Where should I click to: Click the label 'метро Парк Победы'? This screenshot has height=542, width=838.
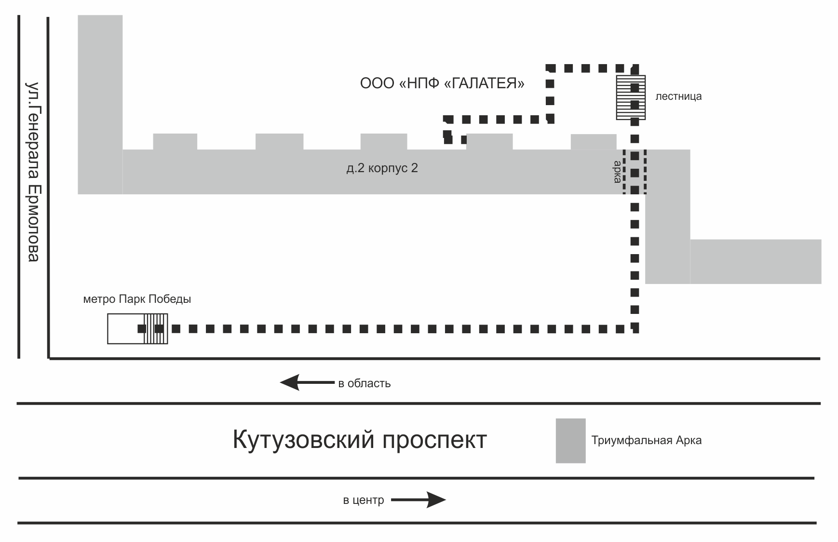pyautogui.click(x=137, y=299)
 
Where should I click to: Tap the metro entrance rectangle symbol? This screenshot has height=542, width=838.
pyautogui.click(x=137, y=329)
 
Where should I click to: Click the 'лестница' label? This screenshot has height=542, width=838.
pyautogui.click(x=678, y=96)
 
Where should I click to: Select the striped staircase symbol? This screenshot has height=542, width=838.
pyautogui.click(x=631, y=97)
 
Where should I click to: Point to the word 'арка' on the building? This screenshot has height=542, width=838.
pyautogui.click(x=617, y=172)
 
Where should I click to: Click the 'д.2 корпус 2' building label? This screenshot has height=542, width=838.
pyautogui.click(x=382, y=168)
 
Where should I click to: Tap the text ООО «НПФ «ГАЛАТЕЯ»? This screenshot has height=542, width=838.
pyautogui.click(x=442, y=83)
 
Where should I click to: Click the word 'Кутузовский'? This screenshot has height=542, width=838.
pyautogui.click(x=303, y=440)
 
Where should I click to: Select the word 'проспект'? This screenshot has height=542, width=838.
pyautogui.click(x=434, y=440)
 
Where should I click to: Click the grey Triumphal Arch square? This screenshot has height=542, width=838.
pyautogui.click(x=570, y=440)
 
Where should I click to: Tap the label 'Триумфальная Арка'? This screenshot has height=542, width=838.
pyautogui.click(x=646, y=440)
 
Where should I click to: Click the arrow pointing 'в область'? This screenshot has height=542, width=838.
pyautogui.click(x=307, y=383)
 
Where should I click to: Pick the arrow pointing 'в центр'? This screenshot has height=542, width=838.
pyautogui.click(x=418, y=500)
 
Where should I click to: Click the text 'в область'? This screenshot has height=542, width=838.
pyautogui.click(x=364, y=384)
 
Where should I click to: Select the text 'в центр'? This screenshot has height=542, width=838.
pyautogui.click(x=363, y=501)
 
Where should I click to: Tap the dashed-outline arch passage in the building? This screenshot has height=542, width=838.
pyautogui.click(x=635, y=172)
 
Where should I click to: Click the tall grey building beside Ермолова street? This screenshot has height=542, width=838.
pyautogui.click(x=100, y=96)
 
